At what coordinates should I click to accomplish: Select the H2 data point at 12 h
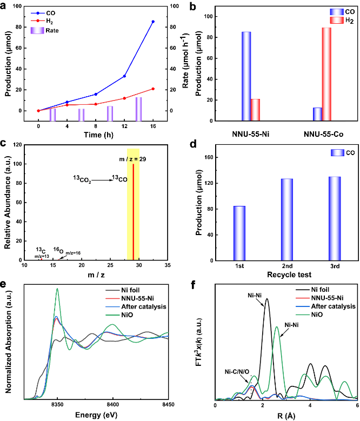pos(124,98)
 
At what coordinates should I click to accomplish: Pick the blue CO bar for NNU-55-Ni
pos(246,77)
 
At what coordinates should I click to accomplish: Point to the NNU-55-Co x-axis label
pos(322,132)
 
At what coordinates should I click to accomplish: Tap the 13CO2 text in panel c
pos(82,178)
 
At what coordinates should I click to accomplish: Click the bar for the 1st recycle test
pos(239,233)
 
